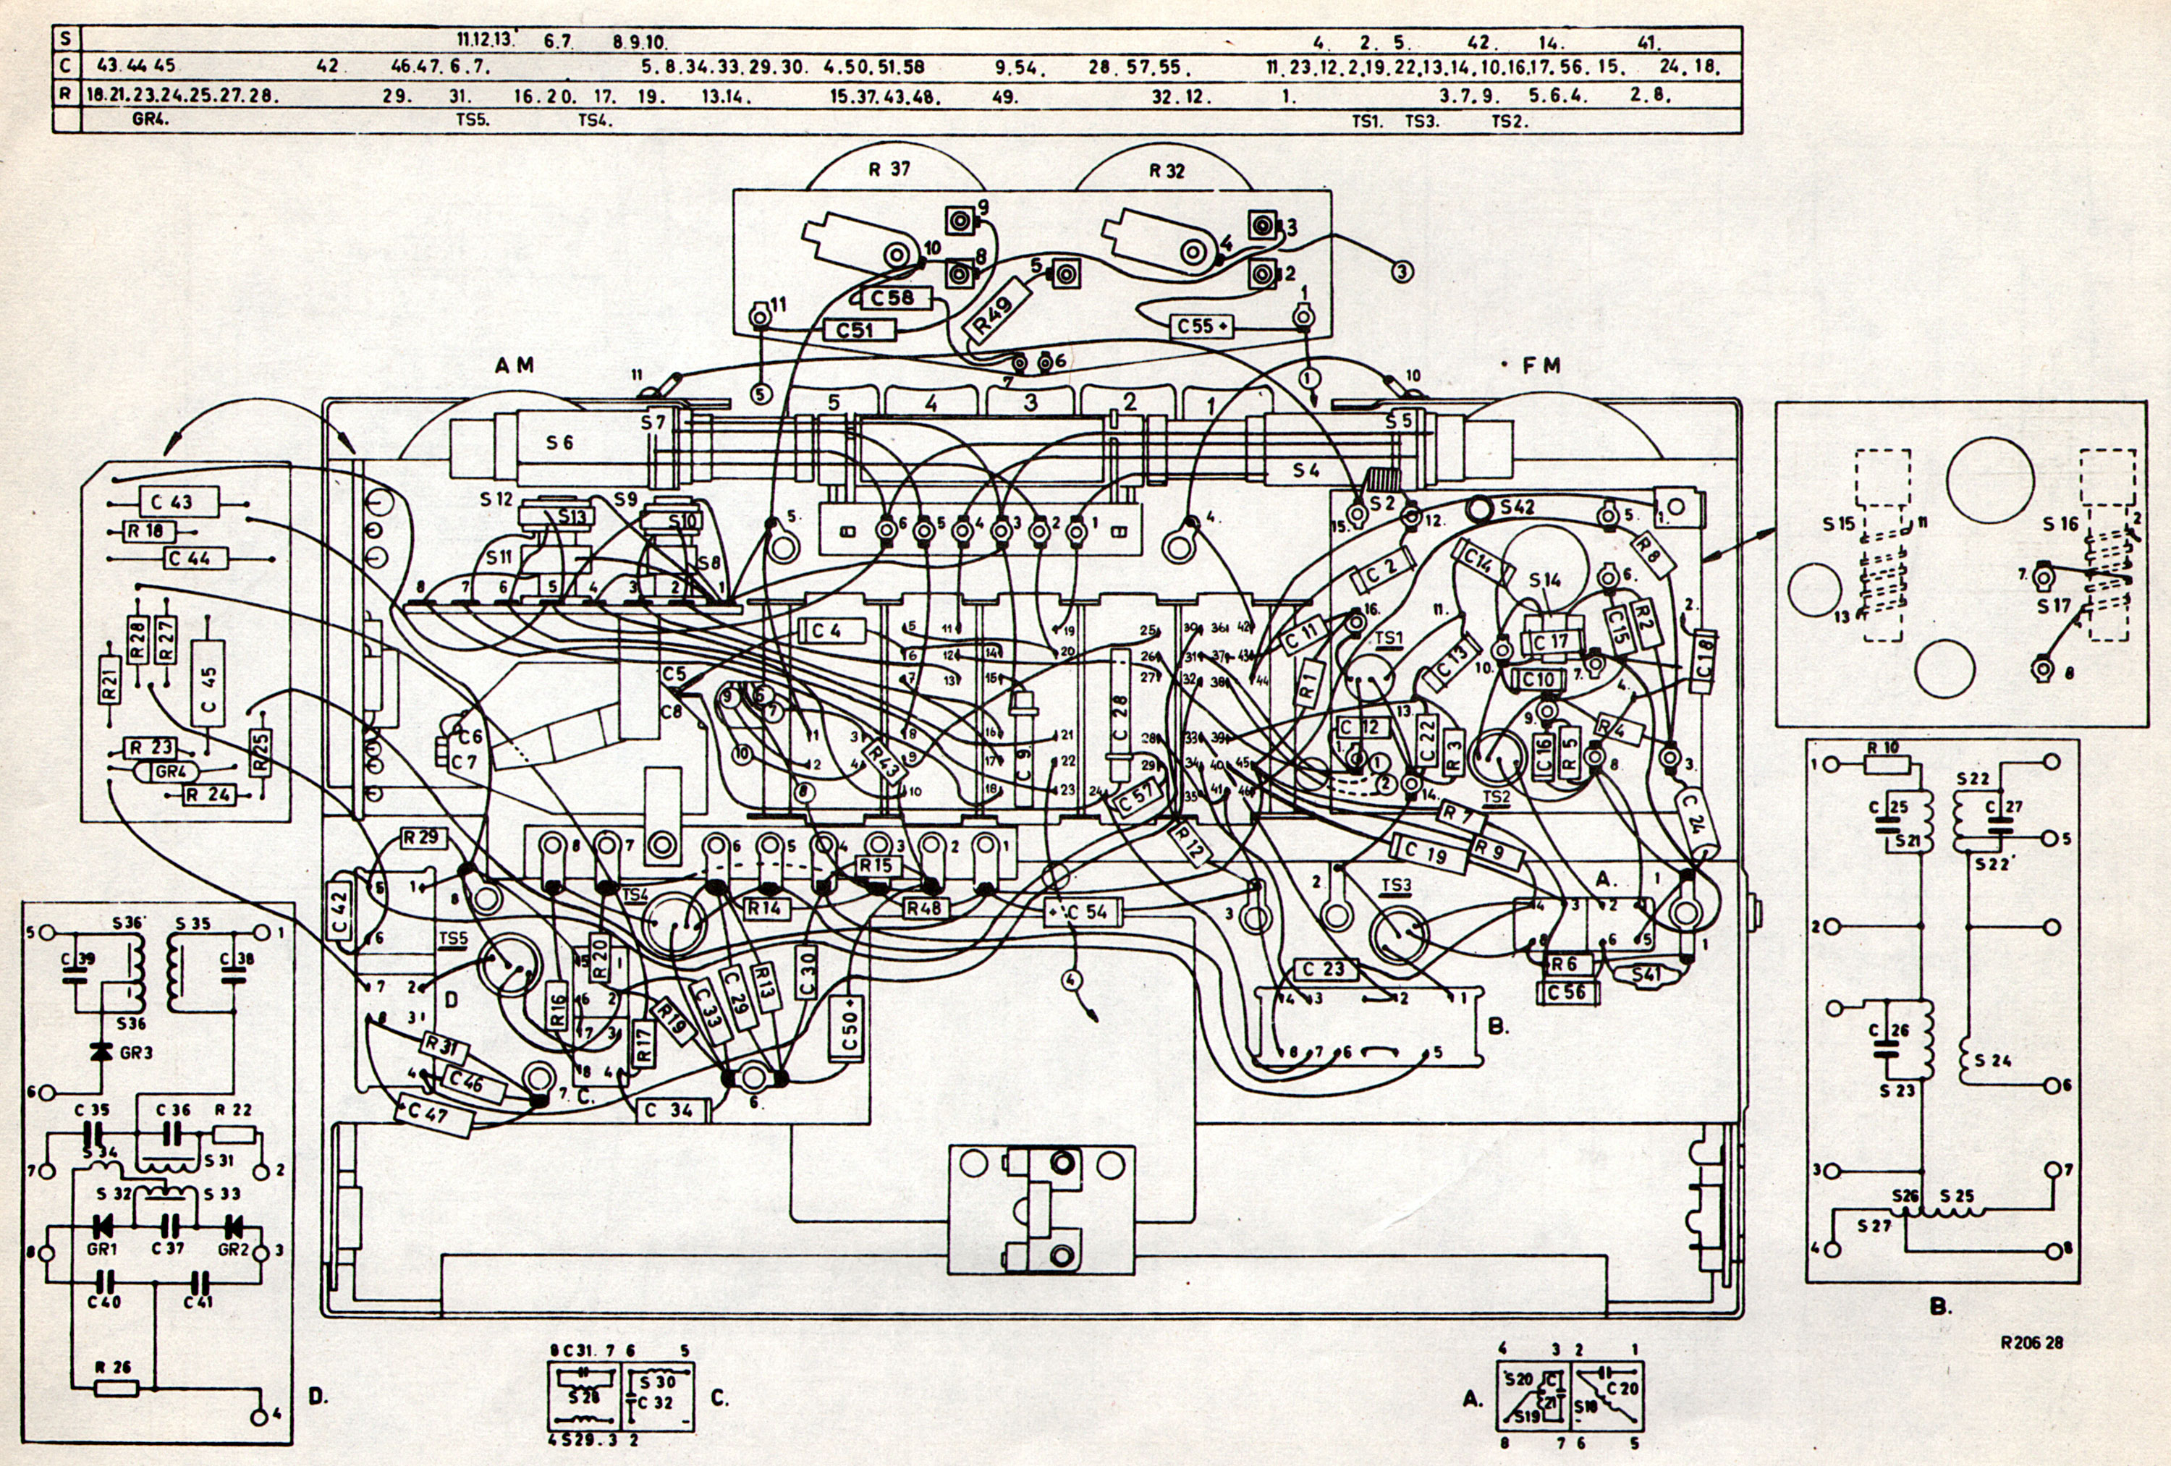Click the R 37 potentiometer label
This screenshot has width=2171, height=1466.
pos(889,169)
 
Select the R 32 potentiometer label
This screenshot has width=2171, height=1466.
pos(1167,170)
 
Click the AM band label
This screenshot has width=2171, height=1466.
pos(515,365)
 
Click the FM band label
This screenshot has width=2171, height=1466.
pos(1541,366)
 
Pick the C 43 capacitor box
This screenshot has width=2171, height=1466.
pos(179,501)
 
